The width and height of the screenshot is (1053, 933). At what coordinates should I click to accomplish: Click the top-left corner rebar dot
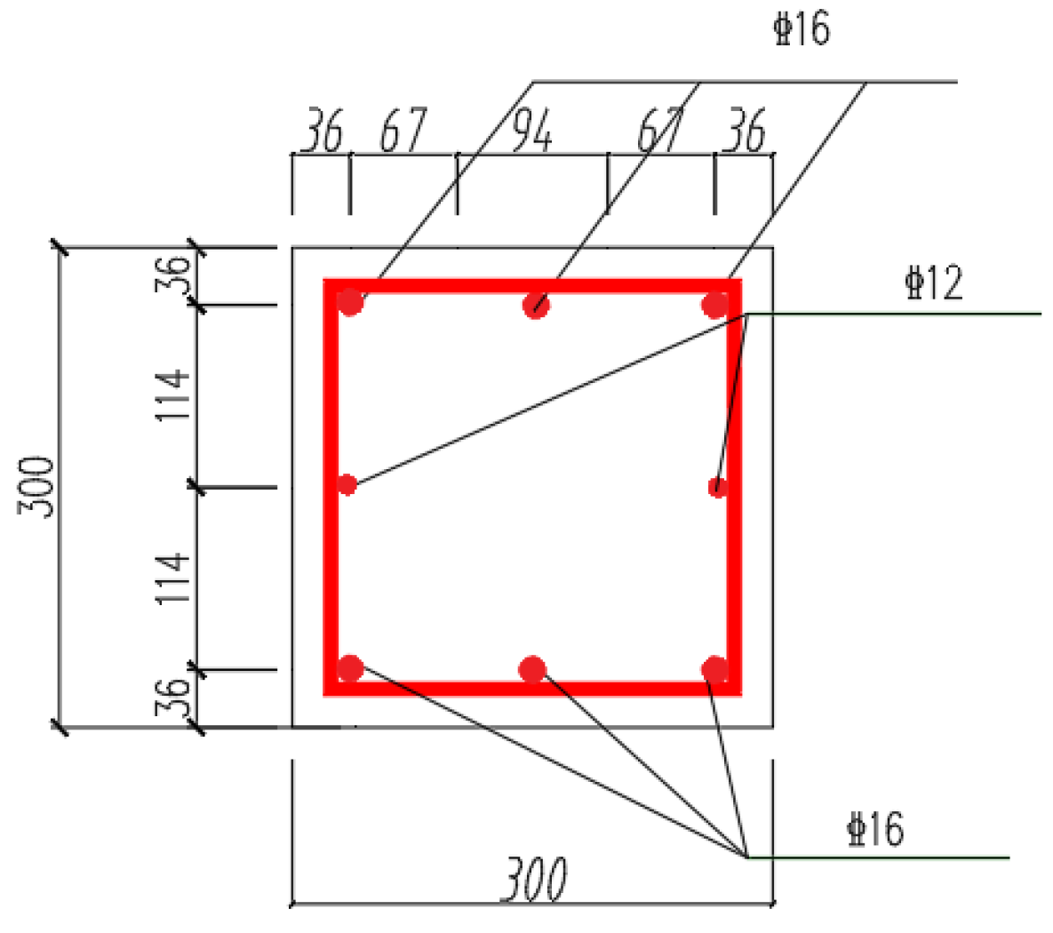click(x=350, y=302)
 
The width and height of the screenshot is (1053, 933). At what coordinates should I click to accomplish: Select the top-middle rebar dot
click(x=536, y=305)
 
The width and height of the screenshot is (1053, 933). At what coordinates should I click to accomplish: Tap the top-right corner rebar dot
click(x=715, y=305)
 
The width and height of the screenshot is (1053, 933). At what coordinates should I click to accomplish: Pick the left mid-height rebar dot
click(x=347, y=484)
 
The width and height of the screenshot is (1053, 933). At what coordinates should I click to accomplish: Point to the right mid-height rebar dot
click(x=718, y=487)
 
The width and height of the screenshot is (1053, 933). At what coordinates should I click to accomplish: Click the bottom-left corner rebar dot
click(x=350, y=668)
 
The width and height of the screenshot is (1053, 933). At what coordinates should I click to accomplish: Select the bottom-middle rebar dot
click(x=532, y=670)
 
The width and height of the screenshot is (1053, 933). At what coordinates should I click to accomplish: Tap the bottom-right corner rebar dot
click(x=714, y=670)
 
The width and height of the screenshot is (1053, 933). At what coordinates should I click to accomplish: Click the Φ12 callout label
click(x=934, y=283)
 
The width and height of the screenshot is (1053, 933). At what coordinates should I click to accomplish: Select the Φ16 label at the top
click(x=802, y=29)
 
